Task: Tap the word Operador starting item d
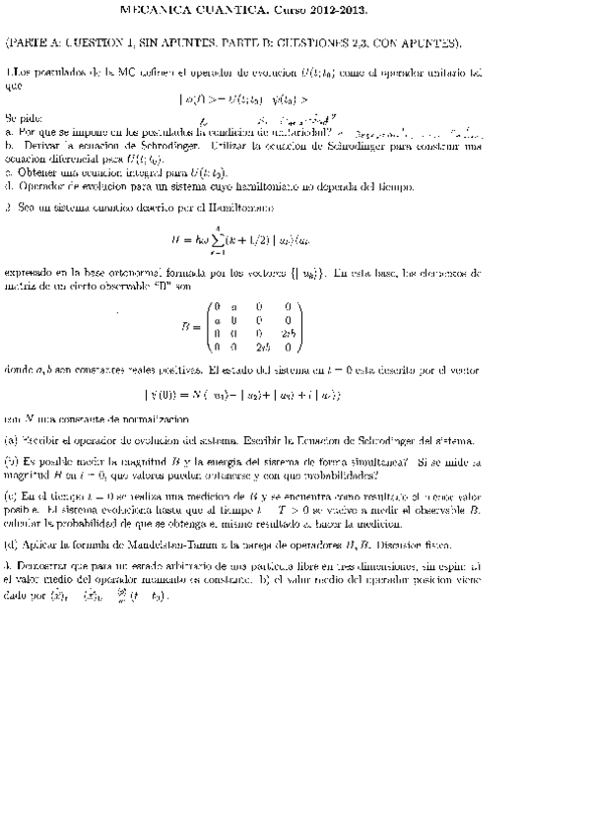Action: [x=45, y=184]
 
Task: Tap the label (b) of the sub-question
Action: [x=11, y=460]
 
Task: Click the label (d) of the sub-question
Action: [x=11, y=544]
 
